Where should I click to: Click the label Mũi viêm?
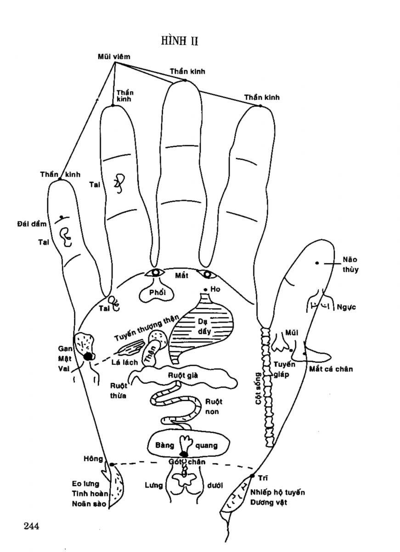pyautogui.click(x=114, y=57)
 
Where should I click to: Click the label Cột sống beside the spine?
pyautogui.click(x=258, y=388)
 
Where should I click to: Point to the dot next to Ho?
pyautogui.click(x=205, y=289)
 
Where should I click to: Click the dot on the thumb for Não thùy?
pyautogui.click(x=317, y=263)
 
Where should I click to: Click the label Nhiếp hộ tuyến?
pyautogui.click(x=277, y=492)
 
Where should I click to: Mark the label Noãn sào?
pyautogui.click(x=89, y=504)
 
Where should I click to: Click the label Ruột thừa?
pyautogui.click(x=118, y=390)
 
